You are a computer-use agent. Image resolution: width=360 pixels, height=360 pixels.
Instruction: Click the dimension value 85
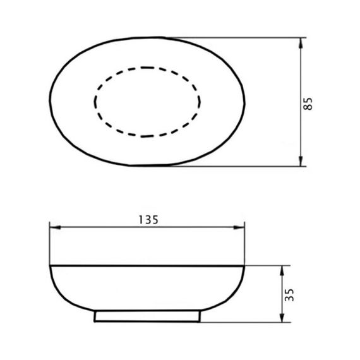click(308, 104)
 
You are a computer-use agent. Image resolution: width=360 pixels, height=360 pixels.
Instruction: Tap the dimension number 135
click(148, 220)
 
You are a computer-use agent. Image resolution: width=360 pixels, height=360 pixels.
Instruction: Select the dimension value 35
click(289, 295)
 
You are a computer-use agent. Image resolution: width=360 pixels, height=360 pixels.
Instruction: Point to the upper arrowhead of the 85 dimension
click(301, 43)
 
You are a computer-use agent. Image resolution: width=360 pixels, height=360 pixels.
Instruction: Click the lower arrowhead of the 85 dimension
click(301, 160)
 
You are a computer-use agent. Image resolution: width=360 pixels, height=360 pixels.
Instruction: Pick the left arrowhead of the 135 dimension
click(56, 227)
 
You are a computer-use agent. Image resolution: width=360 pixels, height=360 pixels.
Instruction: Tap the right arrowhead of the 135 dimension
click(239, 227)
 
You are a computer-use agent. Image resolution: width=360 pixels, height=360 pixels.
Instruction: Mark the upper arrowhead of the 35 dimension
click(282, 271)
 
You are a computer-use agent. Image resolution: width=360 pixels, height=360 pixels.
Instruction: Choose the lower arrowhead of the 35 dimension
click(282, 317)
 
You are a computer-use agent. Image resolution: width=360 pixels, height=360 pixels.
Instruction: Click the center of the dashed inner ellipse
click(147, 102)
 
